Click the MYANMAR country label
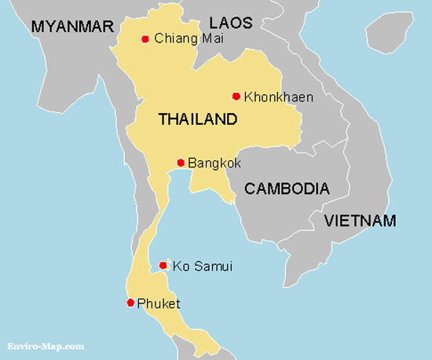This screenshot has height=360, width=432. pos(73,28)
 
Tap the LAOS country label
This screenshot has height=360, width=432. pos(232,23)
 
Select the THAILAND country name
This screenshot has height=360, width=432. pos(197,120)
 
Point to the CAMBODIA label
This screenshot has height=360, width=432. pos(287,189)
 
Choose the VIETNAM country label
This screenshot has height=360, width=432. pos(361,221)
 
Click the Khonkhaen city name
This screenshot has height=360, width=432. pos(278,97)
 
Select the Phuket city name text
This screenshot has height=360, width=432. pos(159,303)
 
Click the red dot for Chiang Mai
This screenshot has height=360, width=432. pos(145,39)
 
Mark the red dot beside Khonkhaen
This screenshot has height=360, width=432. pos(236,97)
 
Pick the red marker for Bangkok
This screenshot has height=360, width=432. pos(181,163)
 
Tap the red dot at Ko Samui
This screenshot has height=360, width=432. pos(163,266)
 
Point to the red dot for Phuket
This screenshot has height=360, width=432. pos(130,303)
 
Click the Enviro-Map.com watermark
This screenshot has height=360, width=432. pos(46,345)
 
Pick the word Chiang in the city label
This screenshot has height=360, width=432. pos(171,39)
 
